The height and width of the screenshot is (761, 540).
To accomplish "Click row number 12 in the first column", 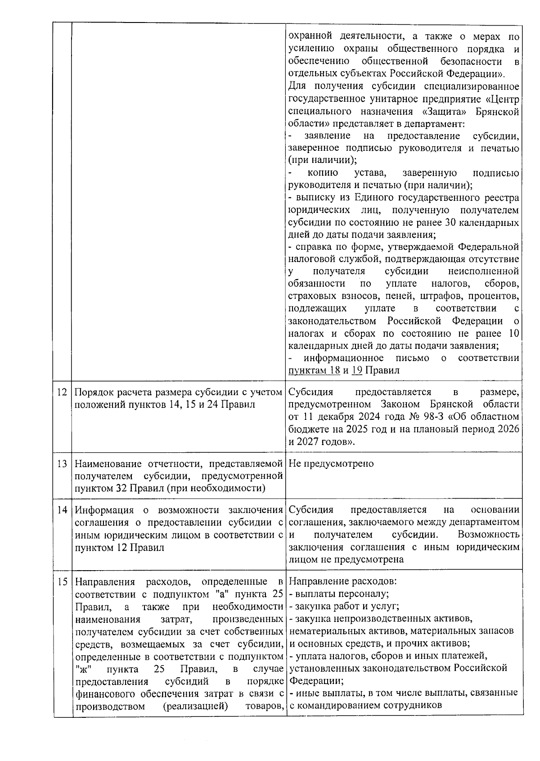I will pos(62,392).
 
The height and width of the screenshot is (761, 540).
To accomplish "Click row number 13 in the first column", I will pos(62,464).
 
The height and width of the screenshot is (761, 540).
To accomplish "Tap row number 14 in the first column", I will pos(62,510).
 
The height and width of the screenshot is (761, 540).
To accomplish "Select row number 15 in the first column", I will pos(62,581).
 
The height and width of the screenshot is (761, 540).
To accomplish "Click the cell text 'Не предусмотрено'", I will pos(331,464).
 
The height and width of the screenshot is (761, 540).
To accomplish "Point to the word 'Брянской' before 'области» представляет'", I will pos(499,111).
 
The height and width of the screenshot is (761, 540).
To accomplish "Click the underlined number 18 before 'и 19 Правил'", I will pos(335,370).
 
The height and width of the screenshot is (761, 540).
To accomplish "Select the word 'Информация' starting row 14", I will pos(104,510).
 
